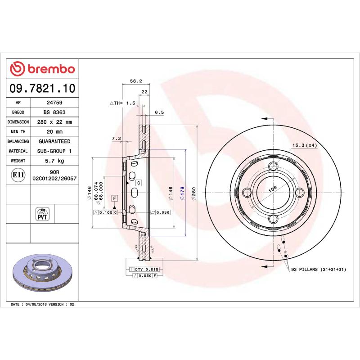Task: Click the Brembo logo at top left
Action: (42, 69)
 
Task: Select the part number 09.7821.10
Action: (42, 88)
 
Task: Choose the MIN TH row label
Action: (18, 132)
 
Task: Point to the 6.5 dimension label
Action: (159, 113)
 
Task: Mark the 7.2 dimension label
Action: (116, 139)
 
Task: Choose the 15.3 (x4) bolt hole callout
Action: (305, 145)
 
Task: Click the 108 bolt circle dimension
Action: (272, 189)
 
